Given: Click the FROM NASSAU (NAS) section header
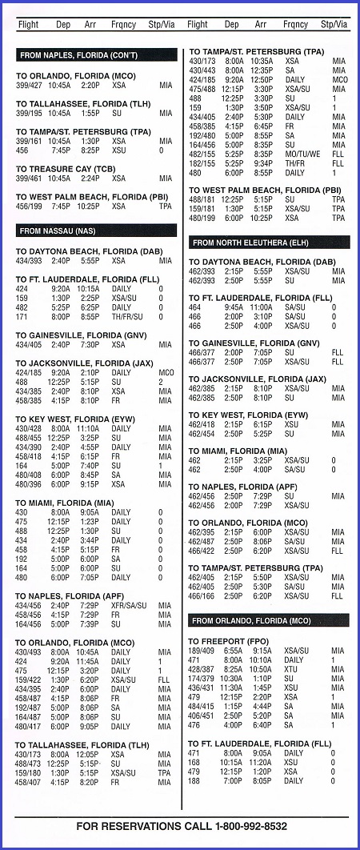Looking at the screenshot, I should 96,231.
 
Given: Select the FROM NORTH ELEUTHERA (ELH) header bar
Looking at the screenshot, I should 268,242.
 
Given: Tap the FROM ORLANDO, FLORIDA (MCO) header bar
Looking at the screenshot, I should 268,621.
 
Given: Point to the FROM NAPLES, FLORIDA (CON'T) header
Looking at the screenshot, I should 96,55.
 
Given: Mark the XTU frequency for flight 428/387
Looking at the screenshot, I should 292,668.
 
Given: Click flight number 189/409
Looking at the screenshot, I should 202,651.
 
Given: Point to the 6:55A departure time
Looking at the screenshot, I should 234,651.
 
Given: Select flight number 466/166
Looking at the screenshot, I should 202,596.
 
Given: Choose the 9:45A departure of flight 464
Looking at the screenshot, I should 234,307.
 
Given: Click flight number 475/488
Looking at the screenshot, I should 202,89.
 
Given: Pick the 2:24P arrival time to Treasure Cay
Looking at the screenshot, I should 89,178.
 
